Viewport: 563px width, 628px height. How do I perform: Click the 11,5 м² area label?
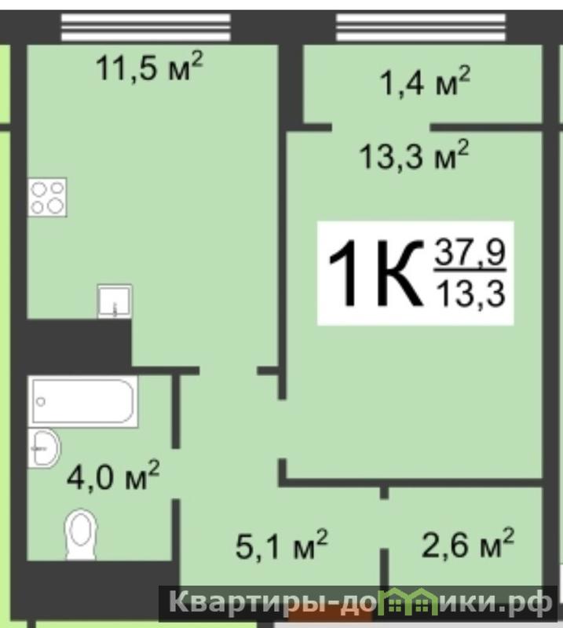click(149, 67)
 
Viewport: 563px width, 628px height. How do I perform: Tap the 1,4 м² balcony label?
click(425, 82)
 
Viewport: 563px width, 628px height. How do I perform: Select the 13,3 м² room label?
click(414, 155)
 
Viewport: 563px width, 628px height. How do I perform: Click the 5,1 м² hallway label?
click(282, 545)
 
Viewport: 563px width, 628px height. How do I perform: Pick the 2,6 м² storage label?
click(468, 543)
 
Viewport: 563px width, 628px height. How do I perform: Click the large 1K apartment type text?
click(375, 273)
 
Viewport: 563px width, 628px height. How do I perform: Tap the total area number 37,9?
click(470, 252)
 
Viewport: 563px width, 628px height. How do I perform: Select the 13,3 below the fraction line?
click(471, 293)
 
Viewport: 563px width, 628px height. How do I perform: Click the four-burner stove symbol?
click(47, 198)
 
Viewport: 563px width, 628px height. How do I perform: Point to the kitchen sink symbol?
click(115, 301)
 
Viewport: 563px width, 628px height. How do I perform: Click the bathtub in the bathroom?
click(83, 401)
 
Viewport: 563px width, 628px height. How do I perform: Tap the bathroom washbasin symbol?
click(44, 448)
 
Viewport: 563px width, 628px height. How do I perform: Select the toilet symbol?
click(81, 534)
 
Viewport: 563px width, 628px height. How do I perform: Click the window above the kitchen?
click(146, 27)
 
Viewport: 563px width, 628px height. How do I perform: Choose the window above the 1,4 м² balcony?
click(421, 27)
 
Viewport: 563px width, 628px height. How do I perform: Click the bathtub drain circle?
click(41, 401)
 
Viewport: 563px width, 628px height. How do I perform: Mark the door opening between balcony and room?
click(381, 128)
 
